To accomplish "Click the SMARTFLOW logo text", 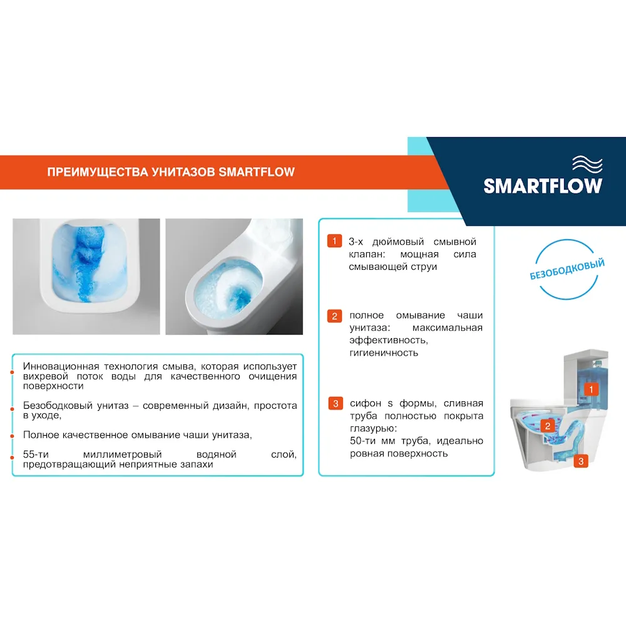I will tap(543, 185).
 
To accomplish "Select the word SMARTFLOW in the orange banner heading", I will tap(257, 172).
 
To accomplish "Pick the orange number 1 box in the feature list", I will tap(335, 242).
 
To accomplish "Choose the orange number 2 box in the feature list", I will tap(335, 316).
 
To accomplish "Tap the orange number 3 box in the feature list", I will tap(335, 404).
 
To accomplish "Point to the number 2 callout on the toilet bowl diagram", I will tap(548, 426).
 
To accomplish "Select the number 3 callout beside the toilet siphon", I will tap(582, 461).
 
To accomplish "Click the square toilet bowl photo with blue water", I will tap(86, 276).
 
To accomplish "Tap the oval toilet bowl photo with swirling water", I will tap(233, 276).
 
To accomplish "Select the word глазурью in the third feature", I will tap(372, 429).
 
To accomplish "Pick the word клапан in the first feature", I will tap(364, 255).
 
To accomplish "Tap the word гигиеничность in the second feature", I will tap(384, 353).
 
